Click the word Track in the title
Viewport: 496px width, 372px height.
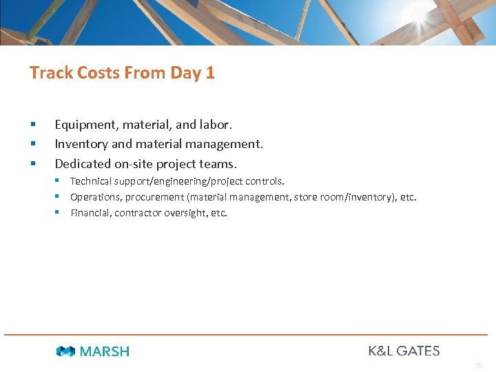pyautogui.click(x=50, y=73)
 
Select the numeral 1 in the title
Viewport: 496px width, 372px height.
pyautogui.click(x=210, y=73)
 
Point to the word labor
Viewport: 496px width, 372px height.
pyautogui.click(x=216, y=125)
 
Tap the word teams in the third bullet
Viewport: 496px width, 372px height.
pyautogui.click(x=218, y=164)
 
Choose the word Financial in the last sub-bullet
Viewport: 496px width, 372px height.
pyautogui.click(x=90, y=213)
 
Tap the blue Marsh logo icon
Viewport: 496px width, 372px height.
pyautogui.click(x=65, y=351)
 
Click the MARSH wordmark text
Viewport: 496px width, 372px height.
pyautogui.click(x=105, y=351)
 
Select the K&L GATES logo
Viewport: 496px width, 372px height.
pyautogui.click(x=404, y=351)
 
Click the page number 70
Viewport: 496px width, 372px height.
pyautogui.click(x=478, y=365)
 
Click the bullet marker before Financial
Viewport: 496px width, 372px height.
pyautogui.click(x=60, y=212)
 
